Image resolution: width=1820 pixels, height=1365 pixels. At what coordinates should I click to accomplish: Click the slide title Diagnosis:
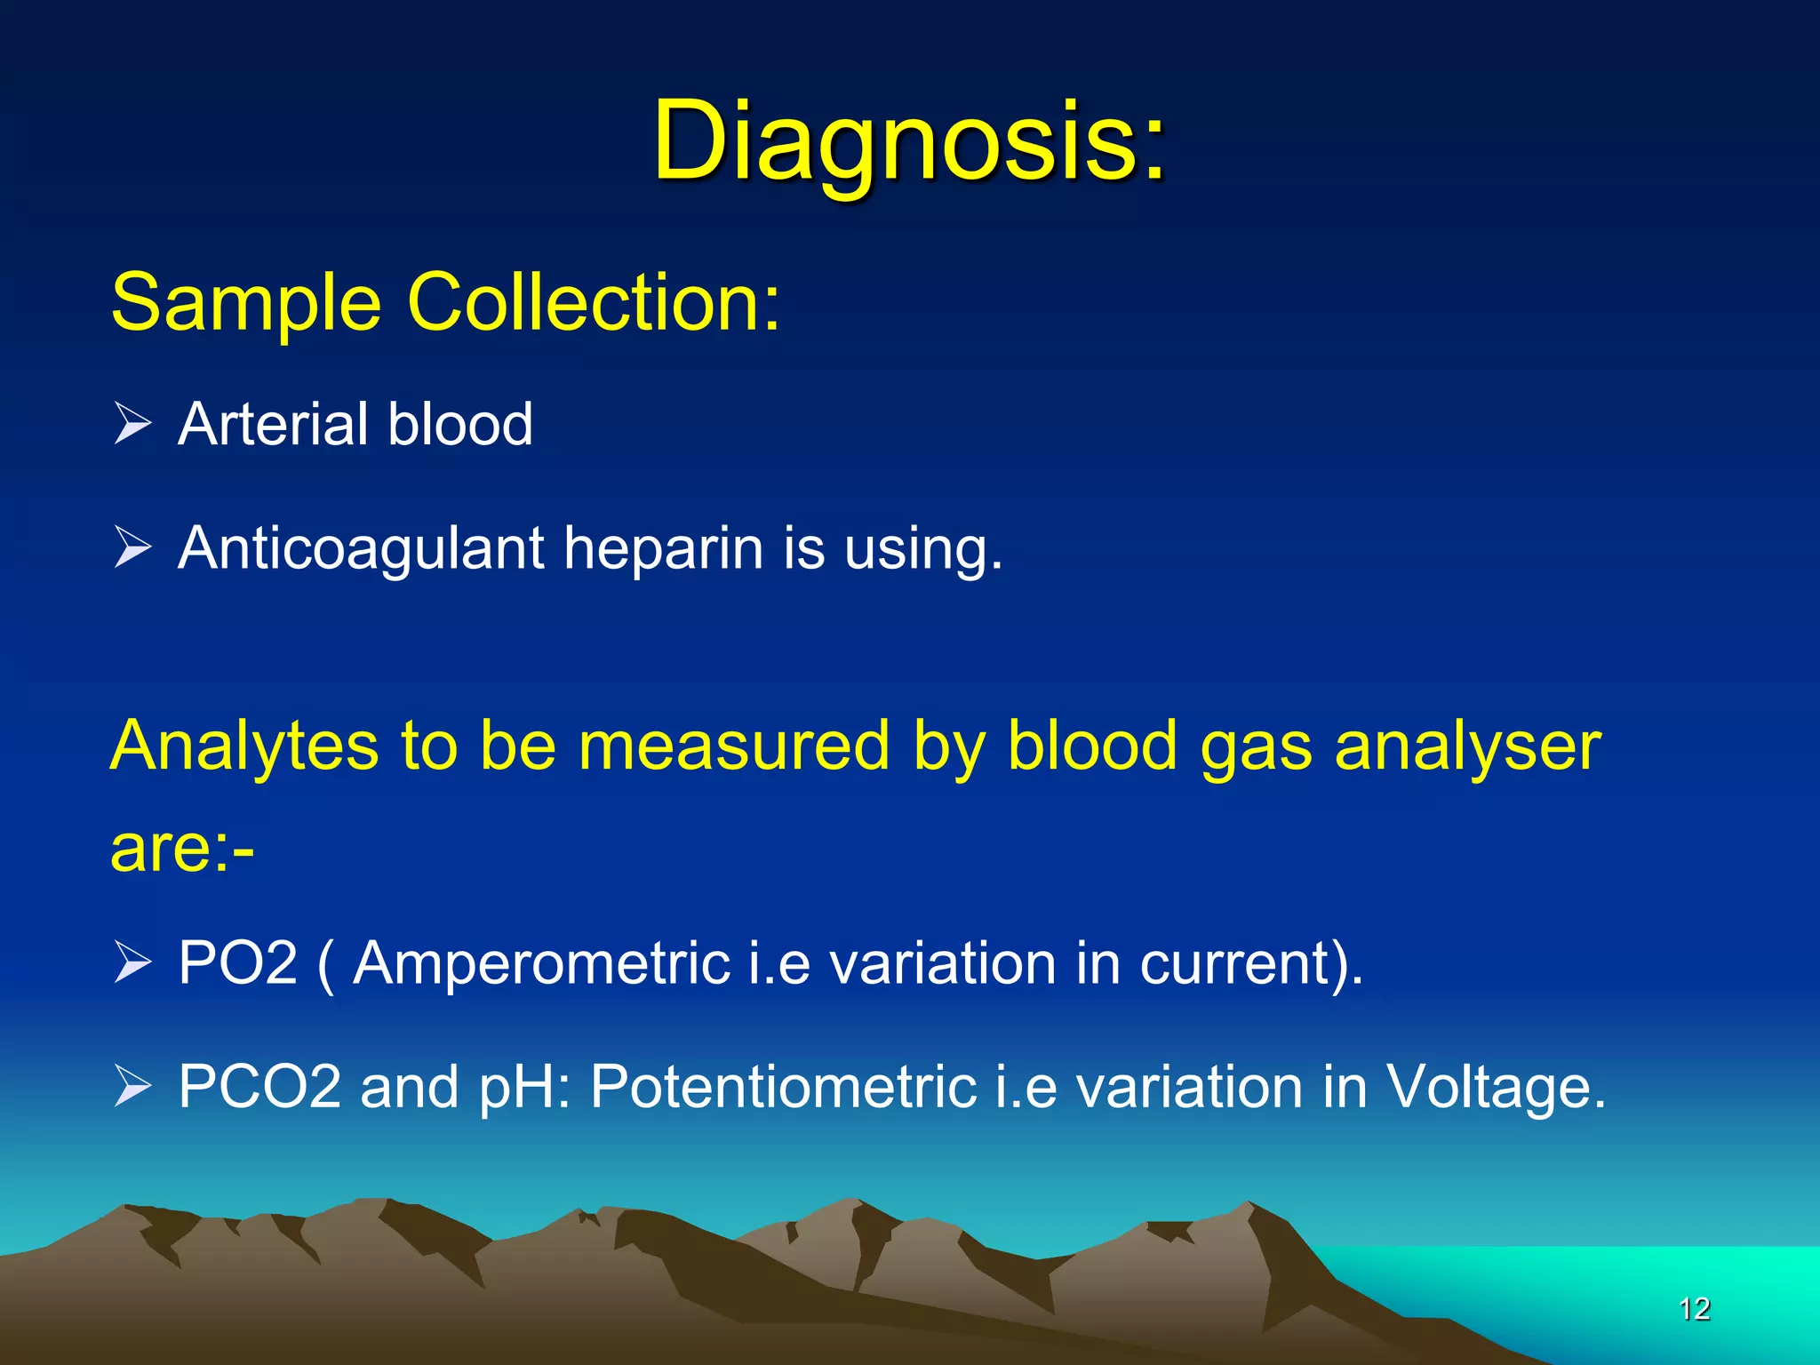(908, 142)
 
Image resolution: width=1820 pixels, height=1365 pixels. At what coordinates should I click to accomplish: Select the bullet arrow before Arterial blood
(133, 423)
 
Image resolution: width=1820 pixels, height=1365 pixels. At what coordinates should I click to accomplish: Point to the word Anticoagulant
(360, 548)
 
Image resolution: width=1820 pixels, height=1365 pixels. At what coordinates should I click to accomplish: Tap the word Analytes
(243, 746)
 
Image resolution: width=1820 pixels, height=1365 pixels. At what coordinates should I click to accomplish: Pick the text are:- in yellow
(182, 848)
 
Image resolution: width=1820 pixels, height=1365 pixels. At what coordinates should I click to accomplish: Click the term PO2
(237, 962)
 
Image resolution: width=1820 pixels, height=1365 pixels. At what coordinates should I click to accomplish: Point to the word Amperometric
(541, 964)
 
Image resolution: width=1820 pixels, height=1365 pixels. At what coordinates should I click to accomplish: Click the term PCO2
(259, 1086)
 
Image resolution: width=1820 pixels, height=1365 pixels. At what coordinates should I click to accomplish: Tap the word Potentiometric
(783, 1087)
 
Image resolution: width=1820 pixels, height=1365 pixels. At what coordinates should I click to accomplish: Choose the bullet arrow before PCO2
(133, 1086)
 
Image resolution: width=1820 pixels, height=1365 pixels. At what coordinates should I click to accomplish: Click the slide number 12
(1695, 1309)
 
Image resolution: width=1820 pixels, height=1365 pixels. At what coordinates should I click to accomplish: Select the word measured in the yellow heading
(733, 746)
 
